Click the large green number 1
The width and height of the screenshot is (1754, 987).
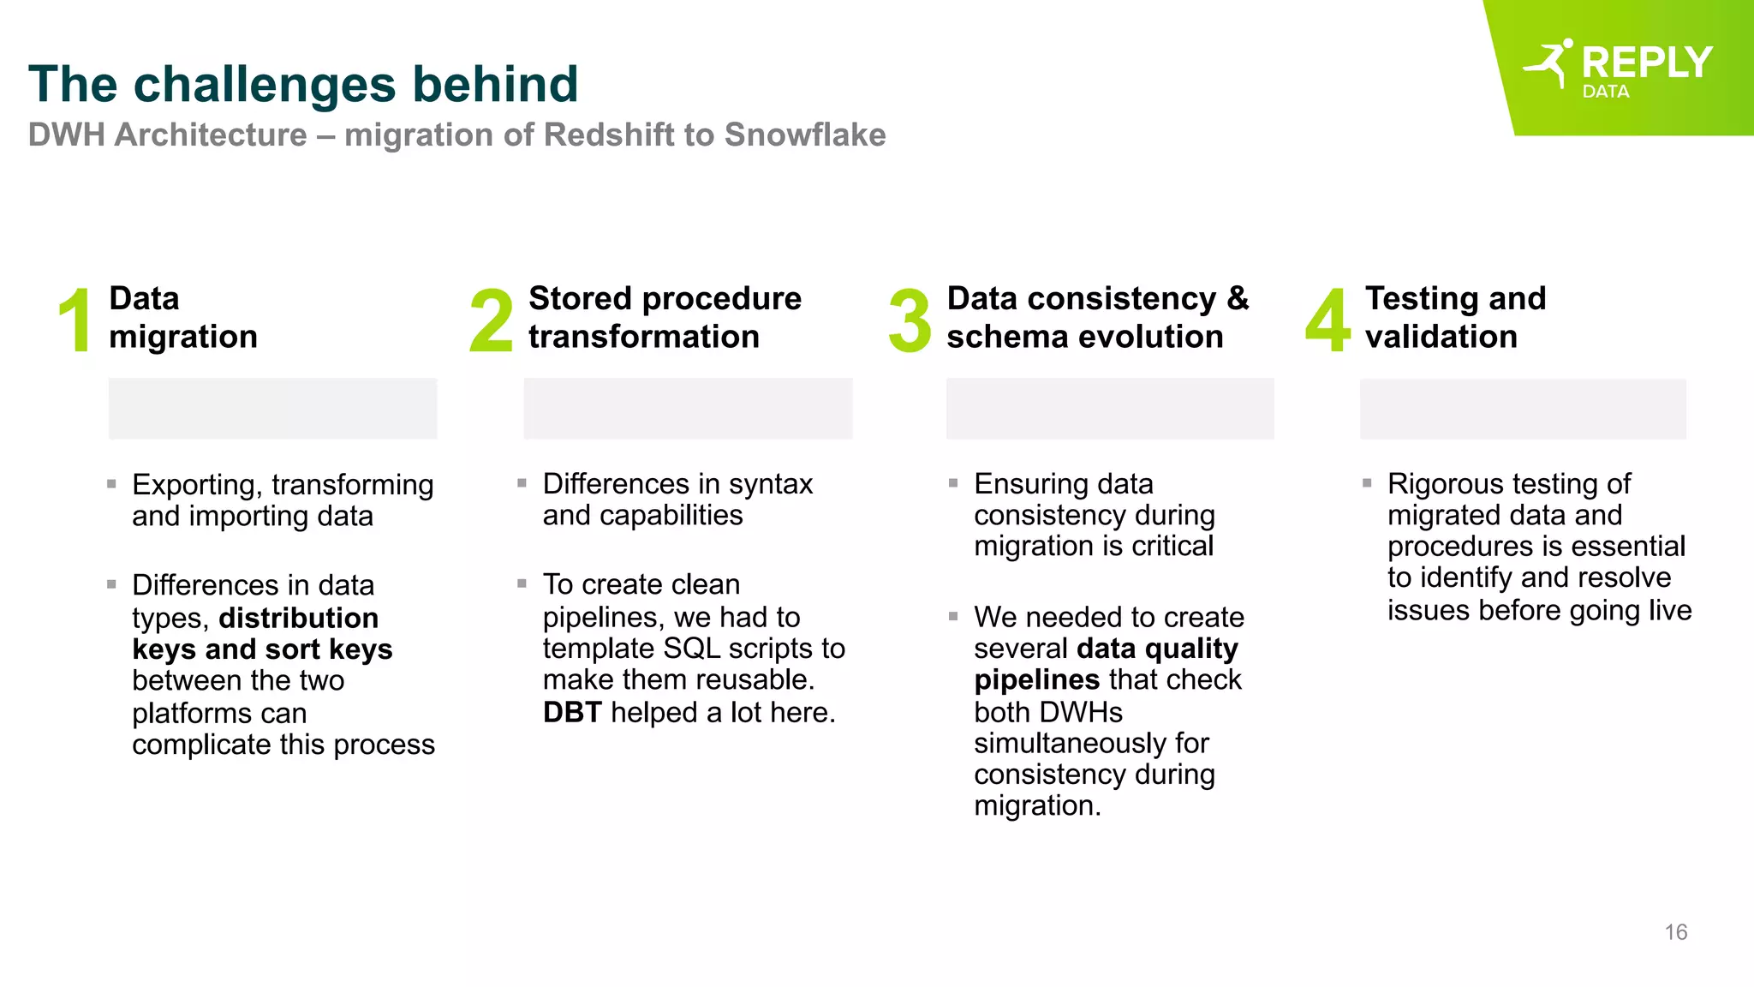coord(75,320)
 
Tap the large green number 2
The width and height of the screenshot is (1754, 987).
coord(491,320)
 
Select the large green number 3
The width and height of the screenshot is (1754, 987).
coord(910,320)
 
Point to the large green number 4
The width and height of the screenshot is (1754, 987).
coord(1327,320)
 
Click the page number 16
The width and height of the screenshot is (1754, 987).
coord(1675,932)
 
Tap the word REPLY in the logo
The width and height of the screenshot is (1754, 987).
coord(1646,63)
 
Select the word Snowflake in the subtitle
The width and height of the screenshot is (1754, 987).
coord(804,135)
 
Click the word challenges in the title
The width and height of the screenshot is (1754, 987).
coord(265,84)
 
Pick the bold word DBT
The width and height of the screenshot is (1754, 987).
coord(571,712)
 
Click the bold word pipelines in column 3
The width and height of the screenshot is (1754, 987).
coord(1036,680)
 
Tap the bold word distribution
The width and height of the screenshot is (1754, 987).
coord(298,618)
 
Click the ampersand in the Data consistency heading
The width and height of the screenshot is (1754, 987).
coord(1238,299)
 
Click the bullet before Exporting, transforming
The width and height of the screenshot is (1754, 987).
coord(111,484)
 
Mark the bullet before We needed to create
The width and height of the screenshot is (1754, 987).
coord(953,616)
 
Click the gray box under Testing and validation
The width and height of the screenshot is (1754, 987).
coord(1522,410)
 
